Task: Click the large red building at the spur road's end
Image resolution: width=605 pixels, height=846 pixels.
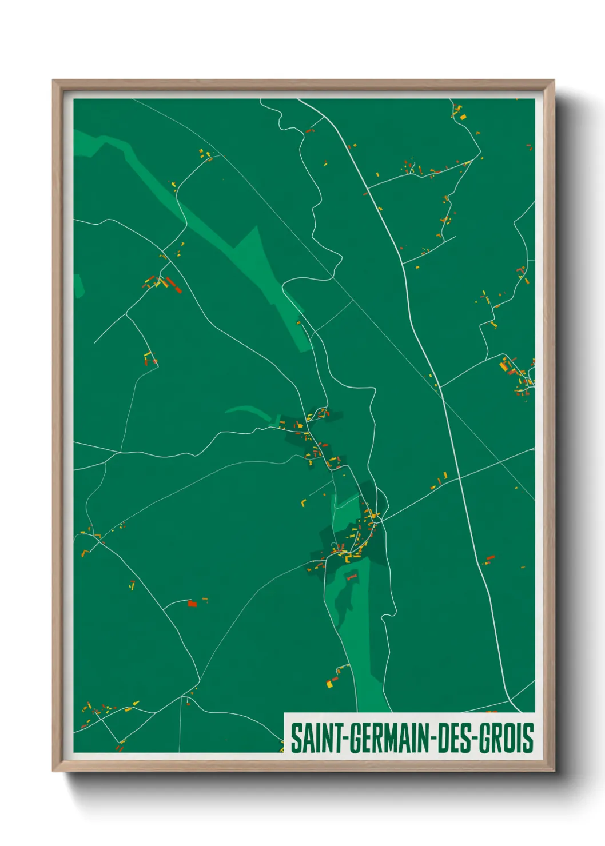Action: click(192, 603)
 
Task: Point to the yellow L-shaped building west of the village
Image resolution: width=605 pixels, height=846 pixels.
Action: click(304, 503)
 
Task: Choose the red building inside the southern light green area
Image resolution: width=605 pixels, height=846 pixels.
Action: click(351, 577)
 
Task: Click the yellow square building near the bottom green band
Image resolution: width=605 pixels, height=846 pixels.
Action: click(329, 684)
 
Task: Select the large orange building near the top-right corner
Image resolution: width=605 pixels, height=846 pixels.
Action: click(463, 117)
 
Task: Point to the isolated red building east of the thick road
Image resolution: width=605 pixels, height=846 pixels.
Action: click(490, 557)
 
